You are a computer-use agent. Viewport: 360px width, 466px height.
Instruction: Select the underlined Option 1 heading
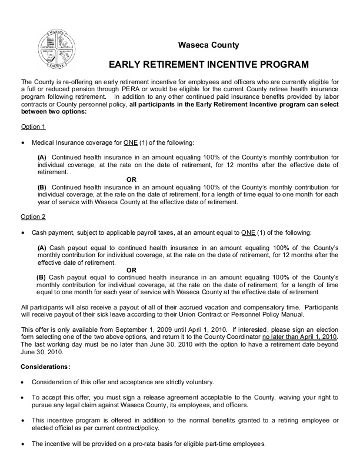coord(33,127)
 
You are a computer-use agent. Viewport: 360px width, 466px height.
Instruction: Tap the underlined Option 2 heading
coord(33,217)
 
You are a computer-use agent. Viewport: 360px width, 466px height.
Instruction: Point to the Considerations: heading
coord(45,367)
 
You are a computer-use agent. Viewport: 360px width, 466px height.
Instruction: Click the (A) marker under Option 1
coord(42,158)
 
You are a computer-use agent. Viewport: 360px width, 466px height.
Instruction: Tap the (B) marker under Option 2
coord(41,277)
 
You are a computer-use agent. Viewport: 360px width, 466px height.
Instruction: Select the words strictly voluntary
coord(179,382)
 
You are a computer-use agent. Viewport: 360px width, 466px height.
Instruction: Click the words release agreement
coord(146,398)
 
